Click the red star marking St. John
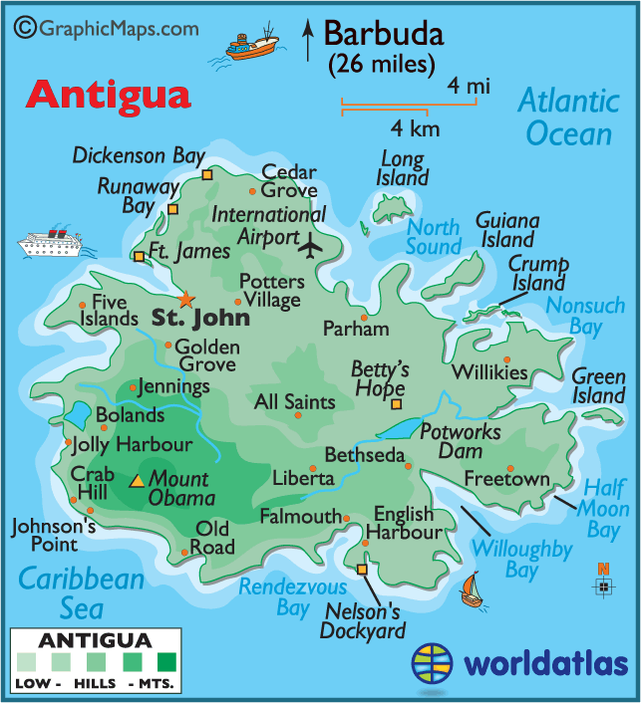(x=185, y=298)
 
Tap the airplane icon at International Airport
(x=312, y=244)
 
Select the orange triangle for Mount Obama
(x=137, y=482)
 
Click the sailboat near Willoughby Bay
(x=471, y=590)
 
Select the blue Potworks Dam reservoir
(x=401, y=430)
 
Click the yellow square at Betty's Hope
(x=397, y=404)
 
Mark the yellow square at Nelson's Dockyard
(x=361, y=570)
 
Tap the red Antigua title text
(x=108, y=95)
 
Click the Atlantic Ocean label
(x=568, y=117)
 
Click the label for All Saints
(x=295, y=402)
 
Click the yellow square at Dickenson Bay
(x=207, y=175)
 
